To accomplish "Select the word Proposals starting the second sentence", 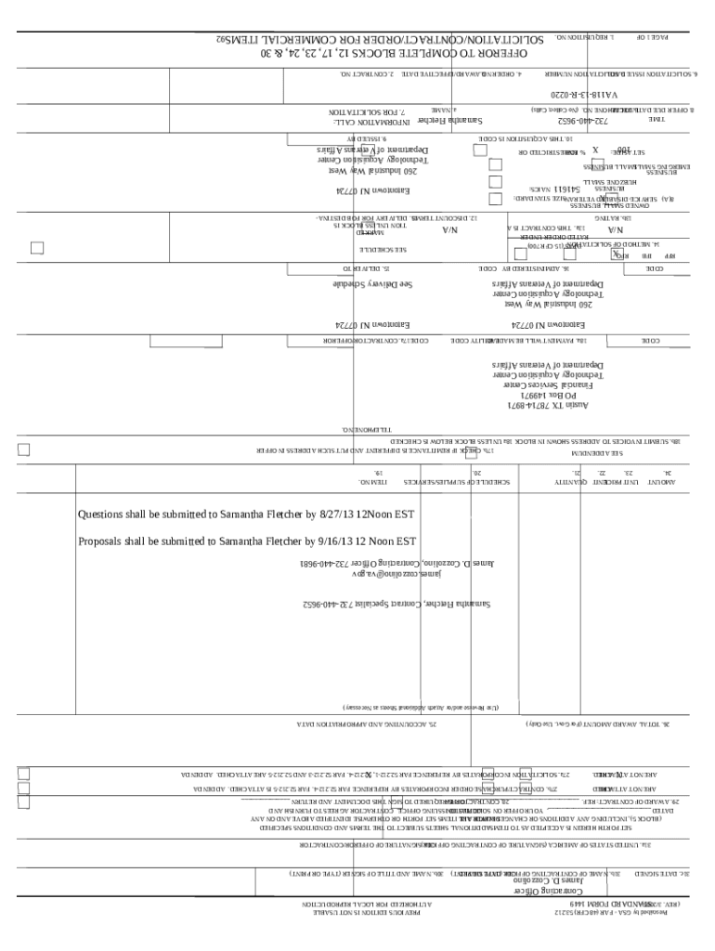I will click(104, 541).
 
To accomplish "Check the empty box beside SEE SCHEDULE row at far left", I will click(37, 248).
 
